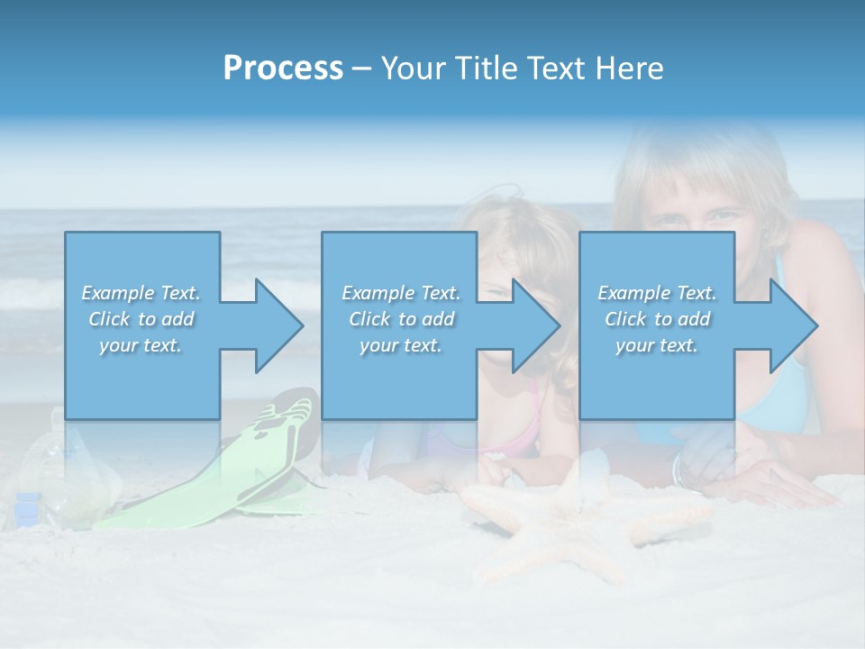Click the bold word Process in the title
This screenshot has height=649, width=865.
(283, 69)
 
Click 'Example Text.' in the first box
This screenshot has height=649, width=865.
(141, 293)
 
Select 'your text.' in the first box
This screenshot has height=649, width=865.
(141, 345)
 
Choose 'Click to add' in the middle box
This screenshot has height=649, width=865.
(401, 319)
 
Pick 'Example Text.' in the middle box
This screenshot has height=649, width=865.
(401, 293)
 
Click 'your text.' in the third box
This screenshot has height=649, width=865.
(657, 345)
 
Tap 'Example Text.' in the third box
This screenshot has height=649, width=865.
(657, 293)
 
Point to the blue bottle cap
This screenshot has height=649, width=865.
(27, 502)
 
